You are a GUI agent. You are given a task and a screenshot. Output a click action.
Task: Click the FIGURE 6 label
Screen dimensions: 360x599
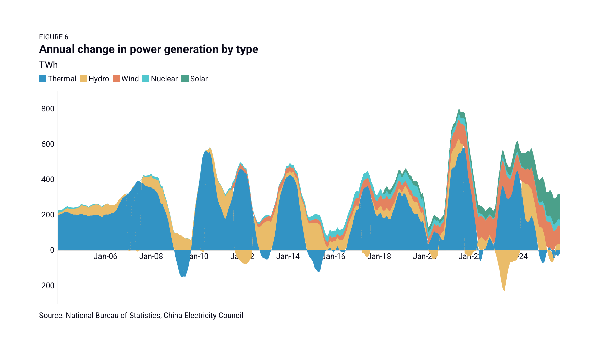tap(54, 37)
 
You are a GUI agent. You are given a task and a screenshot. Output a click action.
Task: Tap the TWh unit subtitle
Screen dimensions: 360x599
tap(48, 65)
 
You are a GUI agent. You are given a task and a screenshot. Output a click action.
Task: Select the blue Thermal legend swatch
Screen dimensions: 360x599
tap(42, 79)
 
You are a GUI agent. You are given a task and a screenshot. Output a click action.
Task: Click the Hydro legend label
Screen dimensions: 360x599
tap(98, 79)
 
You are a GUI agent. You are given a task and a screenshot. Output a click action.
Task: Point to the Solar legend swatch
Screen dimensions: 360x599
tap(185, 79)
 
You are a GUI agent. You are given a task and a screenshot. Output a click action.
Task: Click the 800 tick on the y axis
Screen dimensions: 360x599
tap(48, 109)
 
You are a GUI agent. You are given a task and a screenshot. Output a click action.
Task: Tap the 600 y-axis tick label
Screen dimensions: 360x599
tap(48, 144)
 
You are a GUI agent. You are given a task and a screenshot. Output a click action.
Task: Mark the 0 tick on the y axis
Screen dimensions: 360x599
tap(52, 250)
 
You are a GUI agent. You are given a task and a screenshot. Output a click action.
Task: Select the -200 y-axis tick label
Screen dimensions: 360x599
tap(47, 286)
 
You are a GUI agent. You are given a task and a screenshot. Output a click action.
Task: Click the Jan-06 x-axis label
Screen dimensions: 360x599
tap(105, 257)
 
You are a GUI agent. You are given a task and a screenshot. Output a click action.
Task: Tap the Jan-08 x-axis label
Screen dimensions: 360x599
tap(151, 257)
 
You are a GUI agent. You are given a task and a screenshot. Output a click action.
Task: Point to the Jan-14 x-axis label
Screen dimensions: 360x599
tap(288, 257)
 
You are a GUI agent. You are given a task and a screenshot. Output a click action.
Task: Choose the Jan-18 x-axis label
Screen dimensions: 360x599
tap(379, 257)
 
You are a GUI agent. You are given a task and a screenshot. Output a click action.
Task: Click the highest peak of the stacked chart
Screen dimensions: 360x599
tap(459, 109)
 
